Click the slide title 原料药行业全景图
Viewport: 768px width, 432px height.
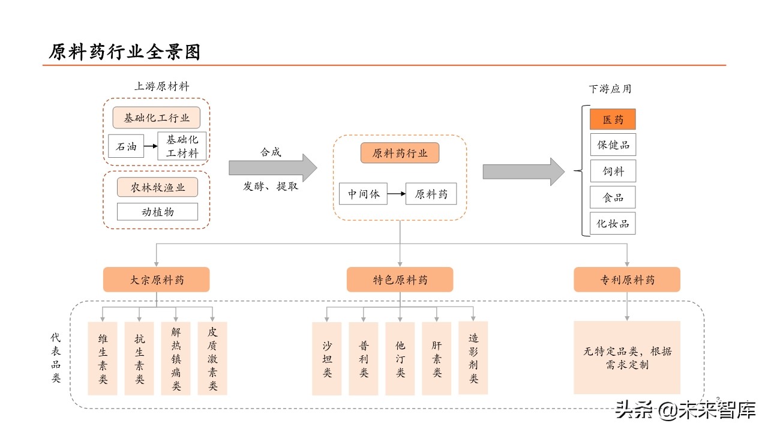(x=124, y=52)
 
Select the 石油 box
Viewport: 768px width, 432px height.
(x=126, y=146)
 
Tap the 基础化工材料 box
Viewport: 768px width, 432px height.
(x=182, y=146)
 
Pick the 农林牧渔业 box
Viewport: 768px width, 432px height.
(x=157, y=188)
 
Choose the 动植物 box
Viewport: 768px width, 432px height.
(x=157, y=211)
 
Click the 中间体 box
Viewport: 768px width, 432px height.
(x=363, y=194)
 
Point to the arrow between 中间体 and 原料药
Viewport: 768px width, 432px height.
(x=396, y=194)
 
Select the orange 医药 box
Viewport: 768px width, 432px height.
(x=613, y=119)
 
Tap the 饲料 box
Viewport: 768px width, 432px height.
(x=613, y=171)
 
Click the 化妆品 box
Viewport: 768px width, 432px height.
(x=613, y=223)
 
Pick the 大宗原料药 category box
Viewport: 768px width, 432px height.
(x=157, y=280)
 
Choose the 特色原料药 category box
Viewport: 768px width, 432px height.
(x=400, y=280)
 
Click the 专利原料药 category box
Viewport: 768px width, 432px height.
(x=627, y=280)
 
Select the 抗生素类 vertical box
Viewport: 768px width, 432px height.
(x=139, y=358)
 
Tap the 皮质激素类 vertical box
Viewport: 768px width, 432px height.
(x=212, y=358)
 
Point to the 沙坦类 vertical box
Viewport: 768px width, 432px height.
(x=327, y=359)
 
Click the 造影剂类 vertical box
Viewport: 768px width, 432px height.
(x=473, y=358)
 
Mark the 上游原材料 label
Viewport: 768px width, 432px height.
(x=161, y=86)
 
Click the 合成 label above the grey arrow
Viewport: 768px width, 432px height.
(x=270, y=152)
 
